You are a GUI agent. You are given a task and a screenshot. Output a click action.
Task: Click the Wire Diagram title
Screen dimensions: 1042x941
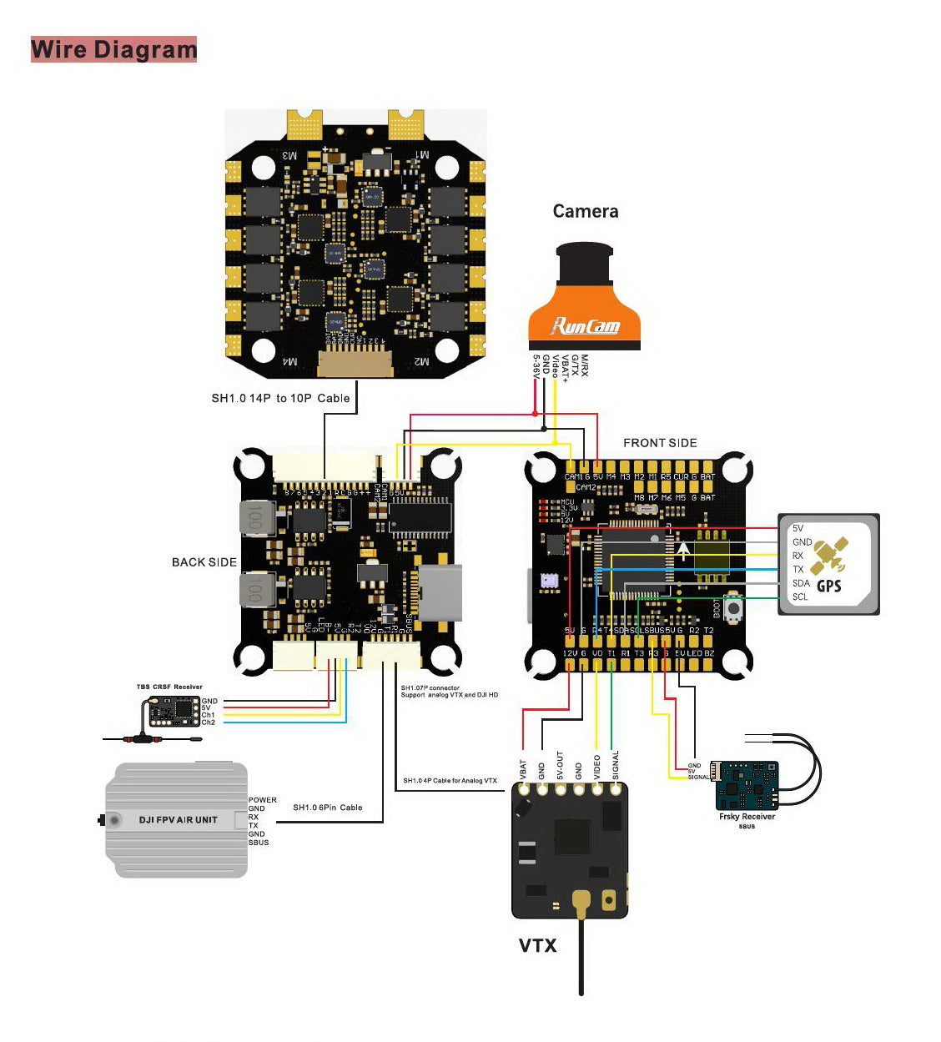click(114, 49)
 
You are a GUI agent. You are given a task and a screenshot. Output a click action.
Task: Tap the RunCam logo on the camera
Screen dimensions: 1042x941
click(586, 325)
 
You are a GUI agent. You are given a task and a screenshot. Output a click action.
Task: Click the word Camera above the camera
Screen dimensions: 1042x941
click(586, 212)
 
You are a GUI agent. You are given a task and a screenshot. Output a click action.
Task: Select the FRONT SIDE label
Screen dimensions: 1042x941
click(660, 443)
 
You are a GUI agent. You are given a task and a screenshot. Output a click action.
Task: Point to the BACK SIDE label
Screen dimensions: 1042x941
click(204, 562)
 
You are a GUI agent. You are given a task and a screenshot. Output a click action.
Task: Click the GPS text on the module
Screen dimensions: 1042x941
click(828, 586)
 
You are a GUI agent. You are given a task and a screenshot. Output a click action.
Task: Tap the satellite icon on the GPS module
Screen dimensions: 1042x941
click(829, 554)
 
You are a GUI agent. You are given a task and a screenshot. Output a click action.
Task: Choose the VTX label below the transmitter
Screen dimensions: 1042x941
click(537, 945)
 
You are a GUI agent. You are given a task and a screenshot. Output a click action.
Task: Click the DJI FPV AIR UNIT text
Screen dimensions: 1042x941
click(178, 820)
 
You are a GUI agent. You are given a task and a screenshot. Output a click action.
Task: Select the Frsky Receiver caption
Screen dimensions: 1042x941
click(747, 817)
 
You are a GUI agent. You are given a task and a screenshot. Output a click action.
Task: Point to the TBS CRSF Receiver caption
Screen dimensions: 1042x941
click(169, 687)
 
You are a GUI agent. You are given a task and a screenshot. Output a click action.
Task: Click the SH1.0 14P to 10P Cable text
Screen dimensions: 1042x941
click(280, 398)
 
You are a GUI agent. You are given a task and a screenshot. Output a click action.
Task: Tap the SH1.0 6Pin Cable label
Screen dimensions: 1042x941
click(327, 808)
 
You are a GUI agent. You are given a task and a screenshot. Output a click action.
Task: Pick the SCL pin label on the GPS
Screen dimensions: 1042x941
click(800, 597)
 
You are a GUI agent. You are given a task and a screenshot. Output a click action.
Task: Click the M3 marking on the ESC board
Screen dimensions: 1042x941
click(289, 155)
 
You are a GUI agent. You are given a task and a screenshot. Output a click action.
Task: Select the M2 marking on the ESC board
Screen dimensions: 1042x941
click(421, 361)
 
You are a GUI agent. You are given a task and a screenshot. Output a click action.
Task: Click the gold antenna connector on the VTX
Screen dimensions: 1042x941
click(581, 901)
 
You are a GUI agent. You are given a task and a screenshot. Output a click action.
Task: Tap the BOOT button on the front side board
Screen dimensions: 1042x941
click(734, 609)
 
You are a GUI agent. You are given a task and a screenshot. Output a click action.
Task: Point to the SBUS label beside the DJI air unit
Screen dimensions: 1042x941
click(259, 843)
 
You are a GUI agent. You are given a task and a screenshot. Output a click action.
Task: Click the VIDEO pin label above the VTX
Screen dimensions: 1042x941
click(596, 767)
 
